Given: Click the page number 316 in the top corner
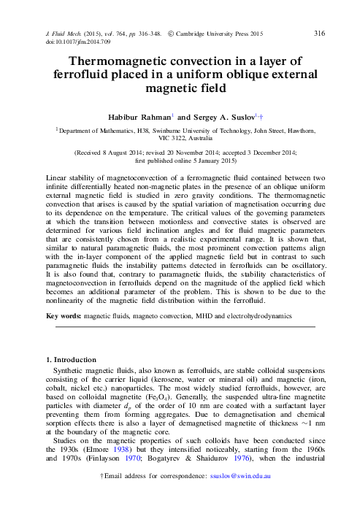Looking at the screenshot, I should click(318, 34).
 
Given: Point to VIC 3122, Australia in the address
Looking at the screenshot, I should click(180, 138).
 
